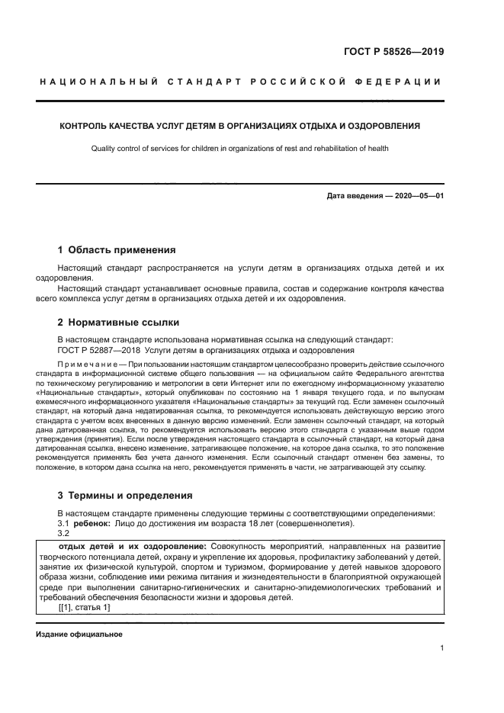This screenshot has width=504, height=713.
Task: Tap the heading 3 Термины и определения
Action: (x=124, y=493)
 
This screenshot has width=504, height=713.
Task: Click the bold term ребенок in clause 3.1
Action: (x=91, y=524)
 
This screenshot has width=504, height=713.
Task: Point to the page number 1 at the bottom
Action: (x=441, y=648)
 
